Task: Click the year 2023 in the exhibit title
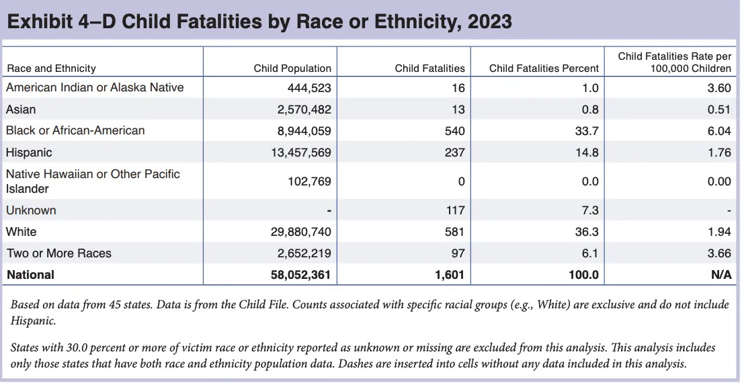tap(489, 22)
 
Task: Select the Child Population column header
tap(292, 68)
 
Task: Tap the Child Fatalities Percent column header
tap(544, 68)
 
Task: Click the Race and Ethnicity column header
tap(51, 68)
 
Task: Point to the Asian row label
tap(21, 109)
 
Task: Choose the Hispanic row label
tap(29, 153)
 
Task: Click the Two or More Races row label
tap(58, 253)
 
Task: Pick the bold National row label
tap(30, 275)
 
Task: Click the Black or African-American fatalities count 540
tap(455, 131)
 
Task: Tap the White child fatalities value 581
tap(455, 232)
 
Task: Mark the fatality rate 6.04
tap(720, 131)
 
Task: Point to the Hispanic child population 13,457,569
tap(299, 153)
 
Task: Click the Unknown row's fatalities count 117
tap(455, 210)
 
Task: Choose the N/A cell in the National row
tap(721, 275)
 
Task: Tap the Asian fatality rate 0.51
tap(720, 110)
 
